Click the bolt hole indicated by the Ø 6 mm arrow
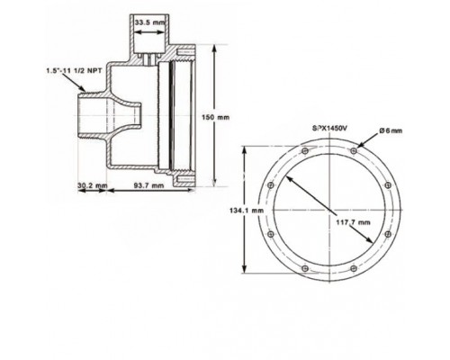[x=355, y=149]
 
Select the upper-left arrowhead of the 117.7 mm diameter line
[x=291, y=172]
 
